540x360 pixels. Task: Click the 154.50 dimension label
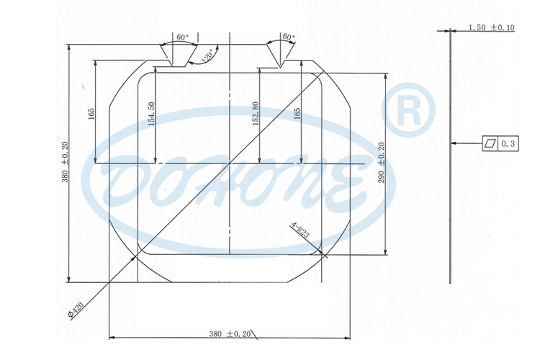pos(150,114)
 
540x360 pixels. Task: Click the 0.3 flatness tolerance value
pos(509,143)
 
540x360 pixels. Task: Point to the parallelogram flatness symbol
pos(490,143)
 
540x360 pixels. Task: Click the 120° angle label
pos(208,57)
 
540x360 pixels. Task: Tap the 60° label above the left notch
pos(181,37)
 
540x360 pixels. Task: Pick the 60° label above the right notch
pos(289,37)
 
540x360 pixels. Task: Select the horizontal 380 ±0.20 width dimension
pos(230,333)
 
